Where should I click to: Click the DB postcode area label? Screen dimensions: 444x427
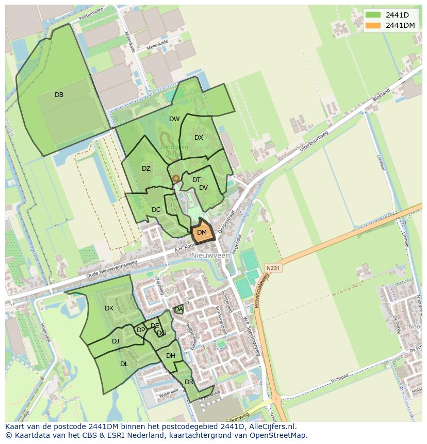point(59,94)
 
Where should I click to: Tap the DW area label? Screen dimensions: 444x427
point(174,119)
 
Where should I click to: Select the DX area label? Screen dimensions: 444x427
point(199,138)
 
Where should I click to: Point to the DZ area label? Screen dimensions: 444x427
point(146,169)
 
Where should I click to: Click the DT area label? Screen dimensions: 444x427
point(196,180)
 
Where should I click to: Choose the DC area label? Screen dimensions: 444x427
point(156,210)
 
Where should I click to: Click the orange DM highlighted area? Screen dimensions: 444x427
point(202,233)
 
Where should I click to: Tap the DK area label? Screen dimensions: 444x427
point(109,308)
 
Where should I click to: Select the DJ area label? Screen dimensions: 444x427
point(116,341)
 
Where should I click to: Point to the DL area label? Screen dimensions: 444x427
point(124,364)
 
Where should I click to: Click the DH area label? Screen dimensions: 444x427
point(171,356)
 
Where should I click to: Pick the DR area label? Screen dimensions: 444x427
point(189,382)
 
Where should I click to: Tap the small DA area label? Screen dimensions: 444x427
point(178,309)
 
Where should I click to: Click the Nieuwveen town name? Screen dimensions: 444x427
point(210,255)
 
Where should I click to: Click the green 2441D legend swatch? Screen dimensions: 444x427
point(372,14)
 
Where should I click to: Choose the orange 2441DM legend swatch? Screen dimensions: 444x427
point(372,25)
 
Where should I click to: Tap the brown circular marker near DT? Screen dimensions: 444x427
point(176,178)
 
